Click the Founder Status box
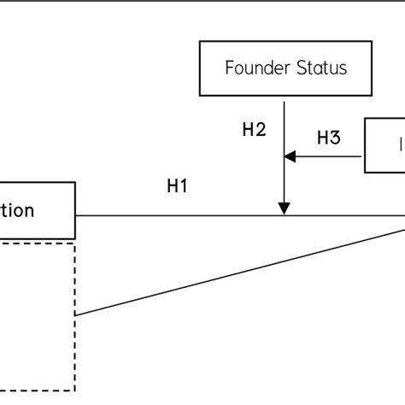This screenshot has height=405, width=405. click(286, 67)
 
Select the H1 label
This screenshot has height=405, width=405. click(178, 187)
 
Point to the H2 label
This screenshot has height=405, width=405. click(255, 130)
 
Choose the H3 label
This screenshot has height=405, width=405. click(329, 138)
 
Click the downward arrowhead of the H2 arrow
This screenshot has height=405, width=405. click(285, 208)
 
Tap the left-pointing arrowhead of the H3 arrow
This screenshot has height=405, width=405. click(290, 156)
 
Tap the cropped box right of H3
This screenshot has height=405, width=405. click(385, 146)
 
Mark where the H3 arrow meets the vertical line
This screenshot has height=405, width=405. click(285, 156)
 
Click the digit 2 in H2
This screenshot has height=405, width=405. click(261, 130)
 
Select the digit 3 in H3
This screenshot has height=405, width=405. click(335, 138)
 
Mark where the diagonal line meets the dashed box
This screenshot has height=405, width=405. click(75, 315)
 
